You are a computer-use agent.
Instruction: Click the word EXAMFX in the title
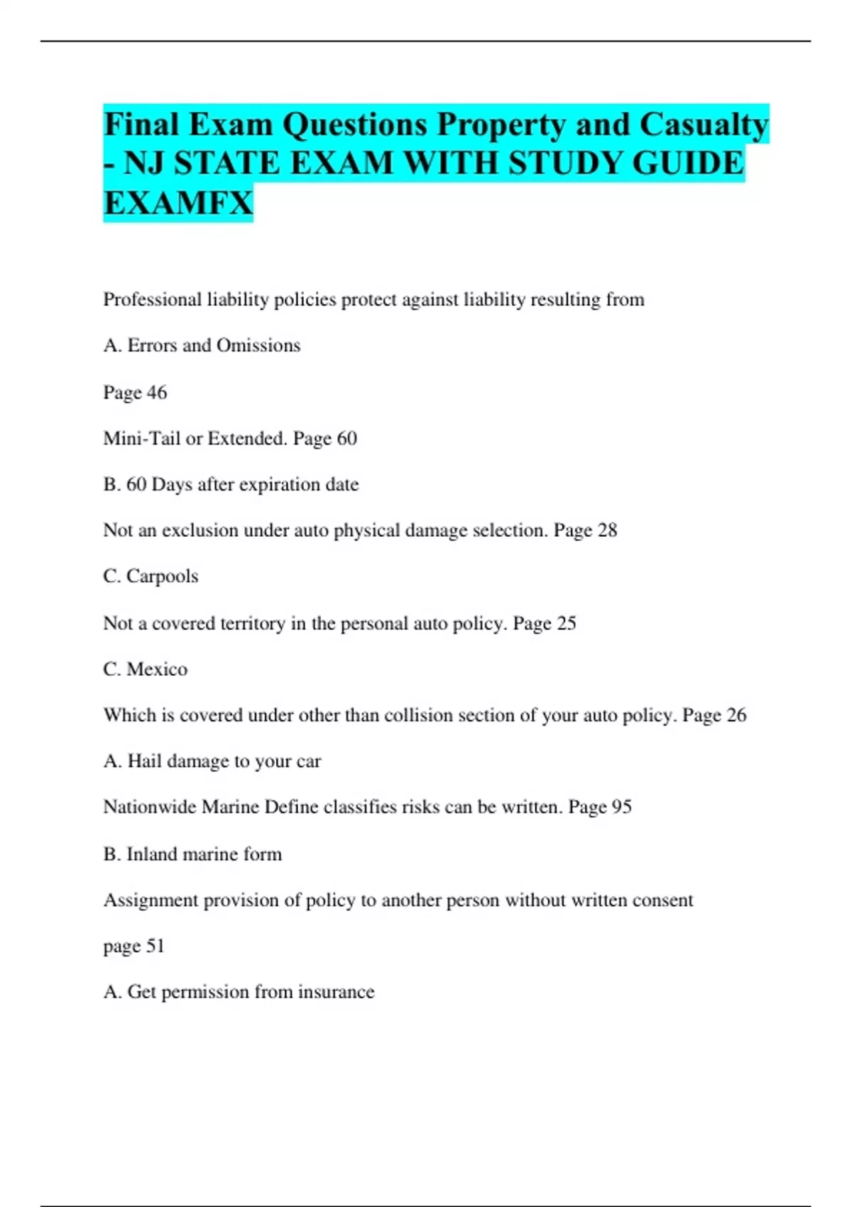178,203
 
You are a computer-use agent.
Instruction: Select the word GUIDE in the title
687,163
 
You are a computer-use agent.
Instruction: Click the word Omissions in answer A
258,346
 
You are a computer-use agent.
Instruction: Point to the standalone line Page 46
135,393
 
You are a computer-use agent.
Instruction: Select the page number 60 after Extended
346,439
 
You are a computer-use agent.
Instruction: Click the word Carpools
162,576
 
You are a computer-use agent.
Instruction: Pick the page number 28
607,530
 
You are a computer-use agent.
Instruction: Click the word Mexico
157,670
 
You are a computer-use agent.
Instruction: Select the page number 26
736,715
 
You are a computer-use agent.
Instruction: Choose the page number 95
621,807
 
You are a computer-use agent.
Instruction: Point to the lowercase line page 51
133,946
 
